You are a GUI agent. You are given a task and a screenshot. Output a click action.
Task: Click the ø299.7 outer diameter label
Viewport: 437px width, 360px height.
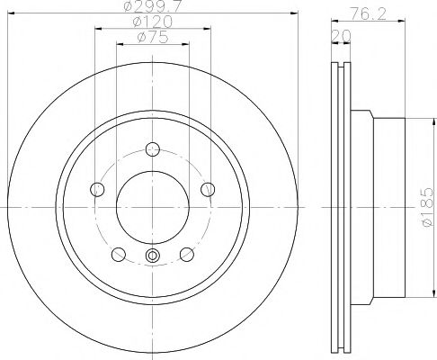(x=151, y=7)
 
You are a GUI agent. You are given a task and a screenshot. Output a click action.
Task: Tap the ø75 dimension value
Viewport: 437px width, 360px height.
(x=151, y=38)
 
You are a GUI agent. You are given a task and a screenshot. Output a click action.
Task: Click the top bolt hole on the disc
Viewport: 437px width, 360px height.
(x=152, y=149)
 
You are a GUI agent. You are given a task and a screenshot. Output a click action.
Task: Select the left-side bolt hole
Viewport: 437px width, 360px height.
(x=96, y=189)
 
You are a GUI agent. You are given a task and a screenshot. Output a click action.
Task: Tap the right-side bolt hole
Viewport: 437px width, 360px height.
(x=207, y=188)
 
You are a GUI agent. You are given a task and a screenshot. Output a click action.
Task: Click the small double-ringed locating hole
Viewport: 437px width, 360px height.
(x=151, y=258)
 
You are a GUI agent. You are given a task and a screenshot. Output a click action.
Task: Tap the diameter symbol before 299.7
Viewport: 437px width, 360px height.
(x=130, y=7)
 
